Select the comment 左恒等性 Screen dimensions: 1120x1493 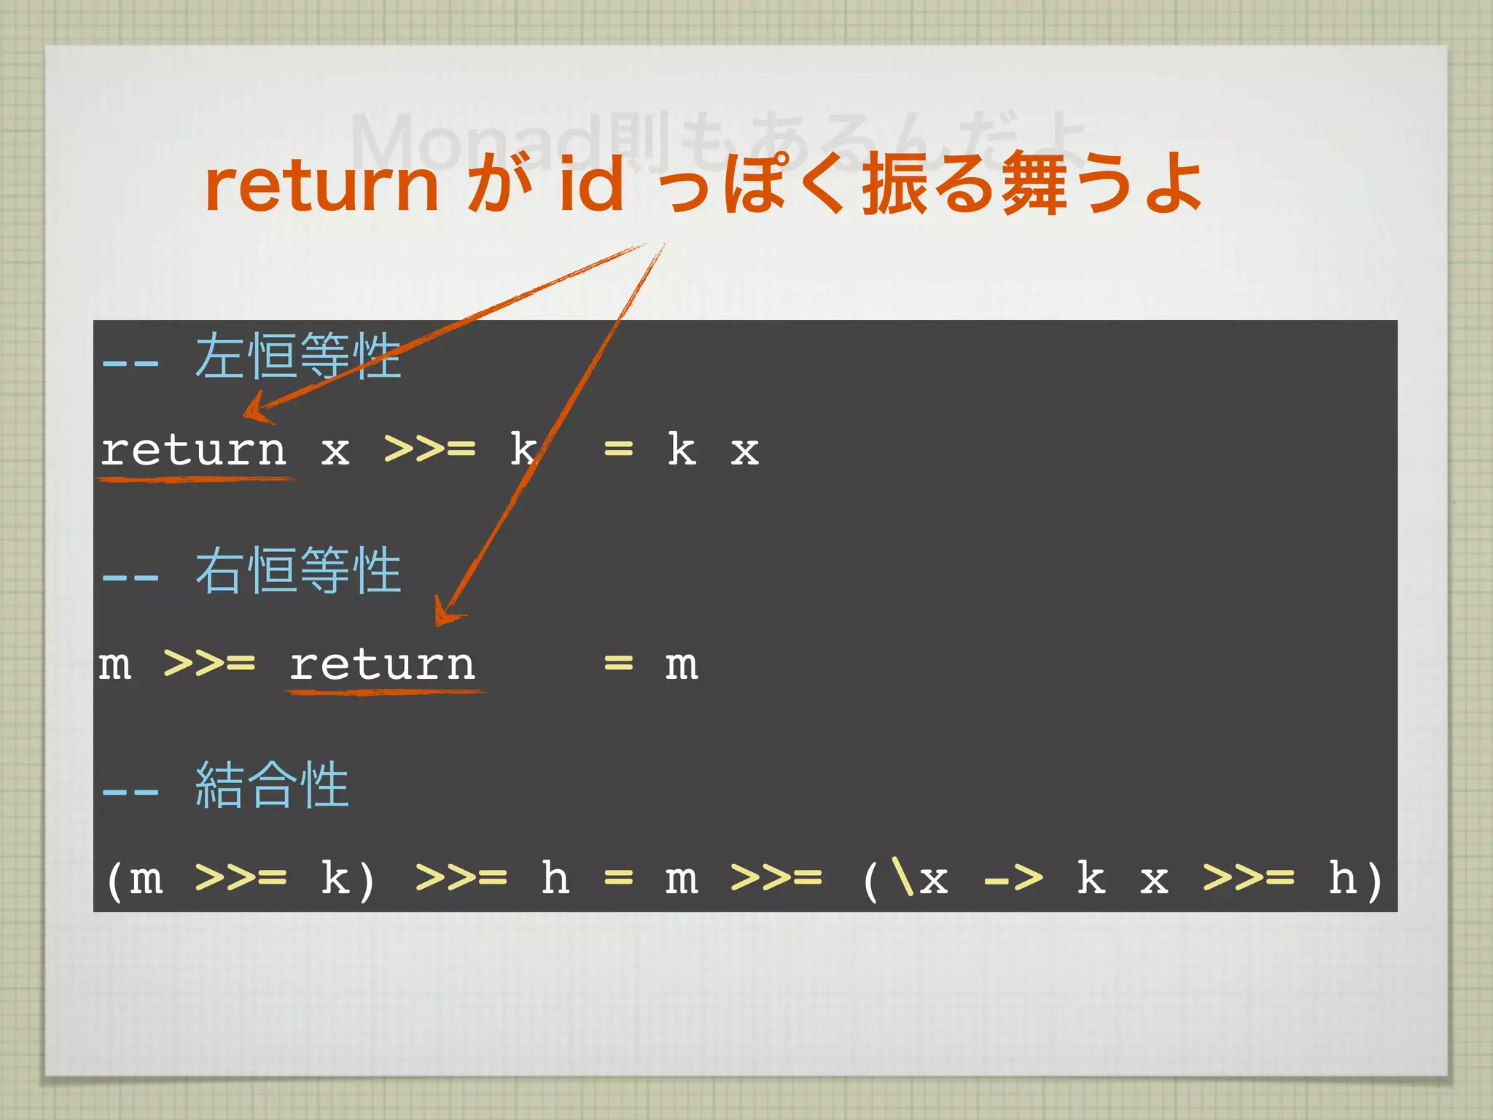(x=297, y=357)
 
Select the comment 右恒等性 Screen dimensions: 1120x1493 (x=297, y=571)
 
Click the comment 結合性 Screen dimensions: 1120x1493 (x=272, y=785)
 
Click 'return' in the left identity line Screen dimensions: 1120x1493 (x=193, y=449)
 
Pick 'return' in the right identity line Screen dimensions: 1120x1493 (x=382, y=664)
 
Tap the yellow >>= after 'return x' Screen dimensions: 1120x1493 (x=429, y=449)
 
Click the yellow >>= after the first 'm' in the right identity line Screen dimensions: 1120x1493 (x=209, y=664)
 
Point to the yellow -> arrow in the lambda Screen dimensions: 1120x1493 (x=1013, y=879)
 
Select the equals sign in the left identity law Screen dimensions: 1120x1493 (x=618, y=449)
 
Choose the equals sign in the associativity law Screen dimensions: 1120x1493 (x=618, y=879)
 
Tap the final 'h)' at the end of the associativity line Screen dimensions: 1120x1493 (x=1354, y=879)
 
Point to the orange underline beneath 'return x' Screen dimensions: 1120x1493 (x=195, y=479)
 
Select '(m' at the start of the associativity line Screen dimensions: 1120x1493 (x=135, y=879)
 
